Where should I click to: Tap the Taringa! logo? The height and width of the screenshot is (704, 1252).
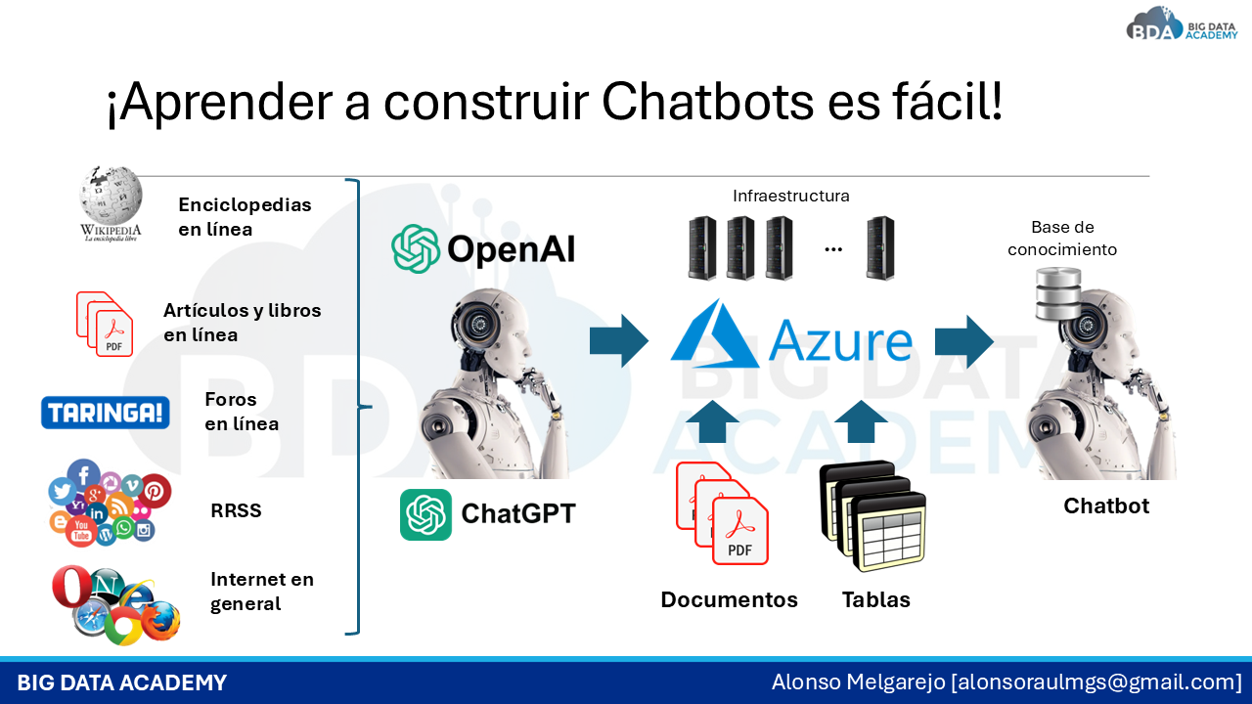105,413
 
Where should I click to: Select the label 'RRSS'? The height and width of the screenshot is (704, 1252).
236,510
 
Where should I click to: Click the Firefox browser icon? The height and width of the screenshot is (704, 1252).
161,621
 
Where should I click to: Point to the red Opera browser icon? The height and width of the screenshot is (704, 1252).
71,586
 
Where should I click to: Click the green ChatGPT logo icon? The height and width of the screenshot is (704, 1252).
425,514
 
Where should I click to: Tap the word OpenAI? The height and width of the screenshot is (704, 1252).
511,248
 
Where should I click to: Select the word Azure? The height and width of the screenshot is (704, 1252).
840,341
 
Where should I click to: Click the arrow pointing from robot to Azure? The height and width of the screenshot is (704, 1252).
619,341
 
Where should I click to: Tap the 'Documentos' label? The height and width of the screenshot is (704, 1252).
729,599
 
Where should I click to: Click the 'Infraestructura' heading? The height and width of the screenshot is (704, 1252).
791,196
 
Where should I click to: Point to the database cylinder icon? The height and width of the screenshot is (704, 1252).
1058,294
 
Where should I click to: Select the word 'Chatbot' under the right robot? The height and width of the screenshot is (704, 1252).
1106,506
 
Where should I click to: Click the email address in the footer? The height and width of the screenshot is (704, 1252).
1096,682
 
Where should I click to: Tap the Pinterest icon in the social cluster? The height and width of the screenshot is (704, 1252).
155,491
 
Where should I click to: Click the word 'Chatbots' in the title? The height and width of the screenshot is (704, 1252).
707,101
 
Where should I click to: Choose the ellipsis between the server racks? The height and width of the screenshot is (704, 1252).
833,249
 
